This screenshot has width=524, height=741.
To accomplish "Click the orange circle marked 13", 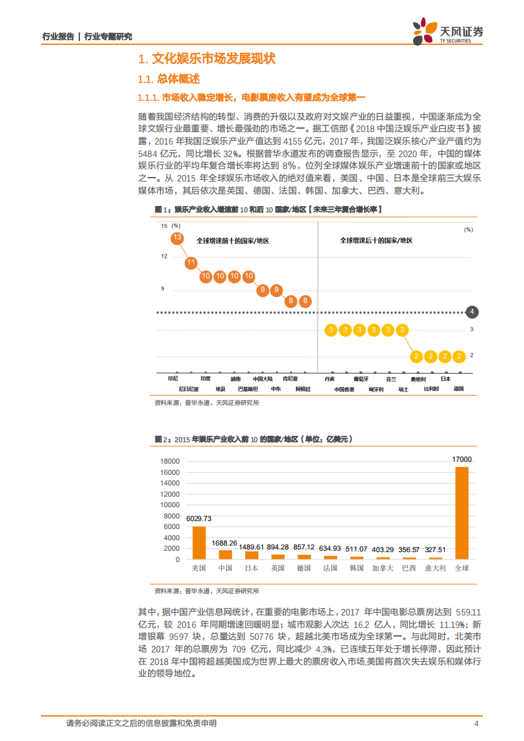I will point(177,238).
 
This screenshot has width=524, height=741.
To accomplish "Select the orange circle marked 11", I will point(192,263).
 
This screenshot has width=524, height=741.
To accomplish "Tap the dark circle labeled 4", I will point(472,312).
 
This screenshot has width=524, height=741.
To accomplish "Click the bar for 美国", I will point(199,542).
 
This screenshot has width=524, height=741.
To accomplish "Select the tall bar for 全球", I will point(462,512).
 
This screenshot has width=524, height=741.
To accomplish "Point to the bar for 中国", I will point(225,554).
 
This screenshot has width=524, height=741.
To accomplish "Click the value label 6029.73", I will point(199,518).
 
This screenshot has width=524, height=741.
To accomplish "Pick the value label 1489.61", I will point(251,547).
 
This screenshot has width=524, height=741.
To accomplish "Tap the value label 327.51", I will point(435,549).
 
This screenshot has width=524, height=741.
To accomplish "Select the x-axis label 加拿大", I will point(383,568).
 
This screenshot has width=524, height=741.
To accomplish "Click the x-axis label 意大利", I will point(435,568).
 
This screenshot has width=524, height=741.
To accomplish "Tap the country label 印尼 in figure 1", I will point(173,379).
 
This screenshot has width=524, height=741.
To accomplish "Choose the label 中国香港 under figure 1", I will point(344,390).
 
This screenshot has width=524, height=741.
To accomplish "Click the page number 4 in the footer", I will point(476,724).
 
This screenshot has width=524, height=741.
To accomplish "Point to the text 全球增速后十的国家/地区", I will point(377,240).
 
